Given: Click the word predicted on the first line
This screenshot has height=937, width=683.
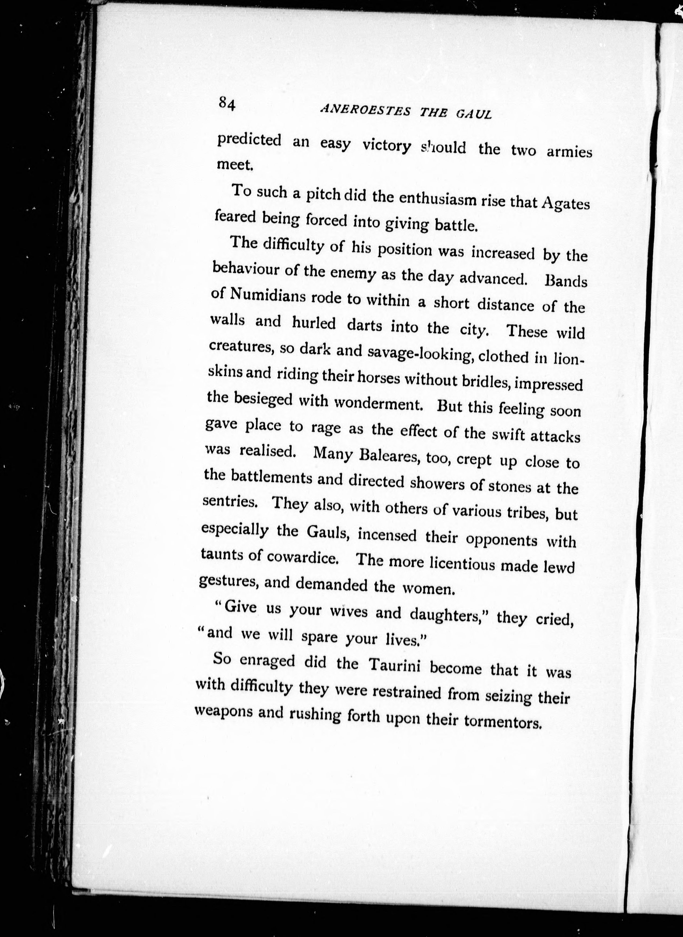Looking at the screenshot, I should [x=249, y=140].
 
